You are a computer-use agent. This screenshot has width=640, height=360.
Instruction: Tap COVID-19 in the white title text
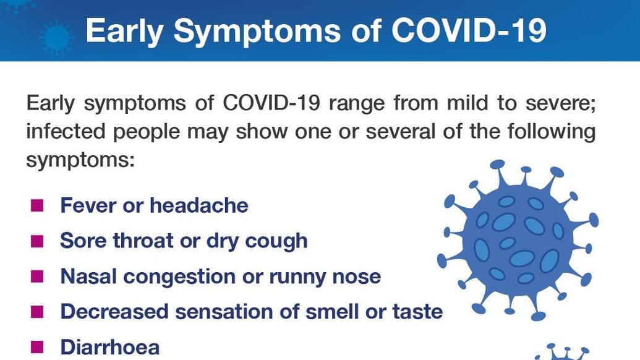[x=469, y=30]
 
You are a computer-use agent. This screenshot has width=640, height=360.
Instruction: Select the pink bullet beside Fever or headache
[x=37, y=205]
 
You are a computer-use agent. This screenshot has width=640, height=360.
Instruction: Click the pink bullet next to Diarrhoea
[x=37, y=348]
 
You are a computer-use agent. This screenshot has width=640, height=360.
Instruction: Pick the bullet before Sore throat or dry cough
[x=37, y=241]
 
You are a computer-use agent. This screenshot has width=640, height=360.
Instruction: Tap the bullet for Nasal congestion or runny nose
[x=37, y=276]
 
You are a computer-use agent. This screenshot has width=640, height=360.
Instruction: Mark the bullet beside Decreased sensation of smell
[x=37, y=312]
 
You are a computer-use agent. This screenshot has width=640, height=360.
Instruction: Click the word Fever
[x=88, y=205]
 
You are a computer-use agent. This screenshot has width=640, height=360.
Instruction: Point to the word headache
[x=198, y=205]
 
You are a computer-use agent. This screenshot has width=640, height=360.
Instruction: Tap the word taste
[x=417, y=312]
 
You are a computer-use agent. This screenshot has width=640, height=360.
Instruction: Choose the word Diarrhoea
[x=110, y=348]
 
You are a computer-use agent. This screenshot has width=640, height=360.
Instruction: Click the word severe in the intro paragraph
[x=561, y=103]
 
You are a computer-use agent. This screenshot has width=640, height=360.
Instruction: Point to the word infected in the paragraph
[x=66, y=131]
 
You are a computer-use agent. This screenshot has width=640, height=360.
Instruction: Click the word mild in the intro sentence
[x=467, y=103]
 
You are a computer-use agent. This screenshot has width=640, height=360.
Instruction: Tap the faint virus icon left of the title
[x=57, y=37]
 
